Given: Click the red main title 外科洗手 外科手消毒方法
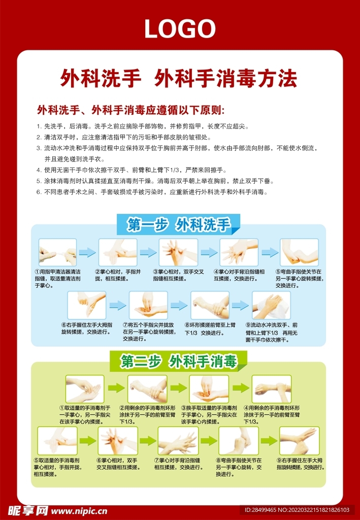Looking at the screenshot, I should tap(178, 79).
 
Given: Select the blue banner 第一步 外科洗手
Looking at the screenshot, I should tap(178, 224).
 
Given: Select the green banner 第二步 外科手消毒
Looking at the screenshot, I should tap(179, 362).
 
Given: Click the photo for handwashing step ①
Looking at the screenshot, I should tap(57, 252).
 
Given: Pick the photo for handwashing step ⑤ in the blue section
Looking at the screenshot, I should tap(299, 252).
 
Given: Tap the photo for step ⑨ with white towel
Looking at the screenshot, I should tap(272, 305).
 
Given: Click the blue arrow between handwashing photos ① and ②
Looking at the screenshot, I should tap(87, 252).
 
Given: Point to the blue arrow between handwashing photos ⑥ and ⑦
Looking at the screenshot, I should tap(118, 305).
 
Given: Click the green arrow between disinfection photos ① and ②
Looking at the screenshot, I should tap(116, 389).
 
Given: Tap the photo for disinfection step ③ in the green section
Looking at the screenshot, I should tap(209, 389).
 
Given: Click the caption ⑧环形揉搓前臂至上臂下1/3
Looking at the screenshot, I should tap(210, 329).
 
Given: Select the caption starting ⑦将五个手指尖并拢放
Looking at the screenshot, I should tap(148, 332).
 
